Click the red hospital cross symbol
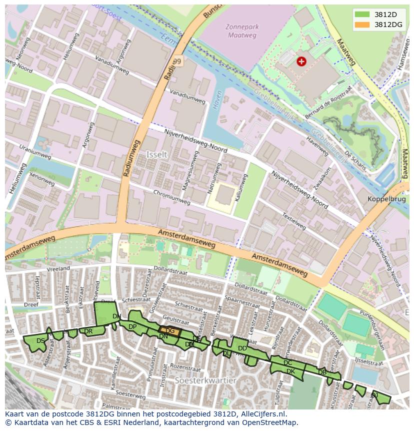301,61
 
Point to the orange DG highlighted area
169,330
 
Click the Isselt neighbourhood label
156,155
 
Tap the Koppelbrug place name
385,198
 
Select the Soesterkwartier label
205,380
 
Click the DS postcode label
40,341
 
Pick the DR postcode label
88,331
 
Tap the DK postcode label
290,371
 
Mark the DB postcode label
322,372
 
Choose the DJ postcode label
374,395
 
